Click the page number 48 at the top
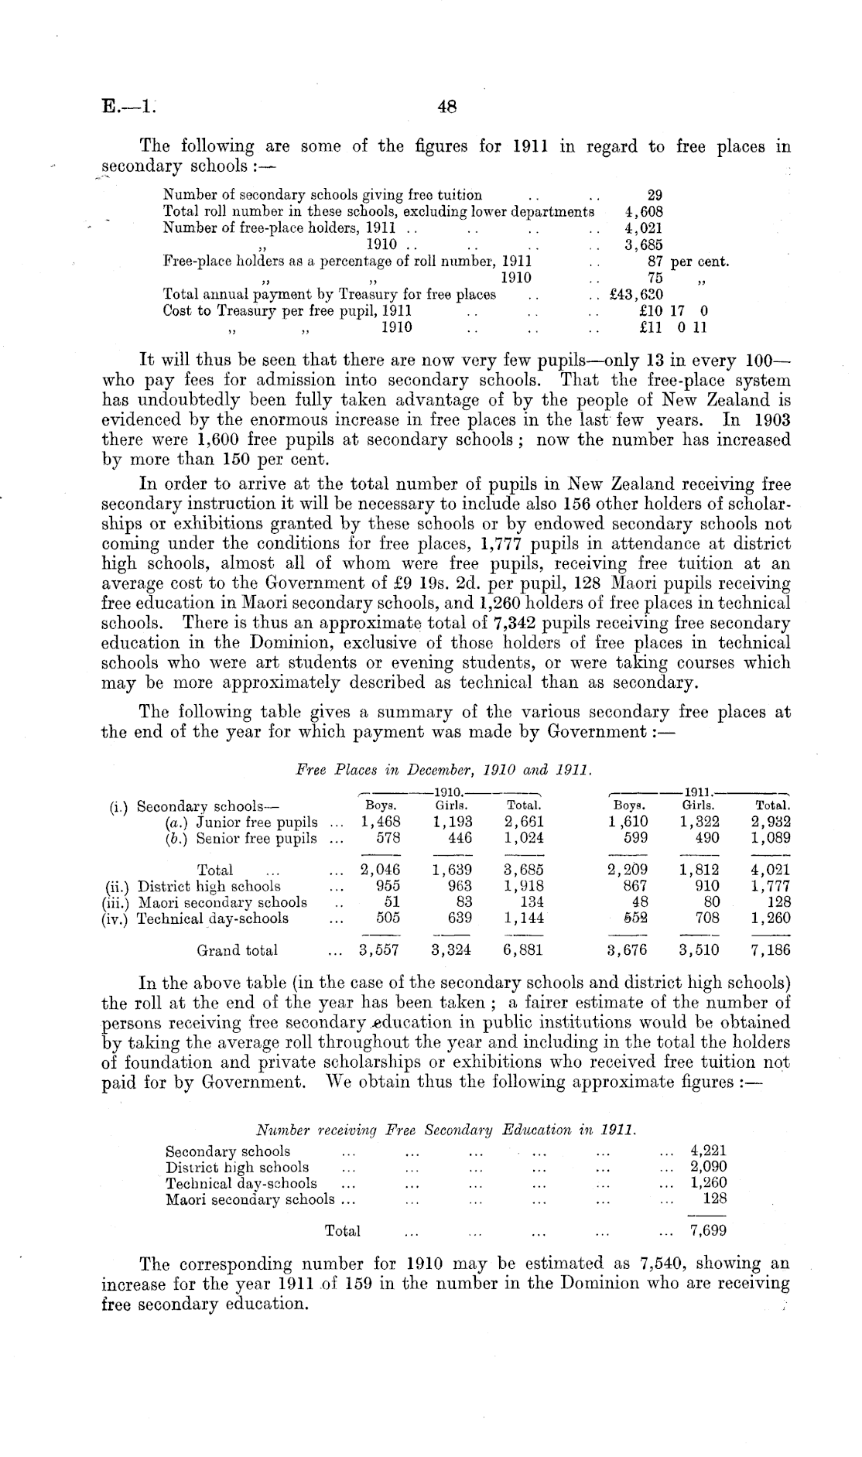tap(446, 108)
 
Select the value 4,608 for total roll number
tap(643, 211)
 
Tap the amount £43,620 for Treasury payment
tap(637, 294)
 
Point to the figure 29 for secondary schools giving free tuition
tap(654, 195)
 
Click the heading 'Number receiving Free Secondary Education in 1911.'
tap(446, 1130)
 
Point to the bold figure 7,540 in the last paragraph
tap(664, 1264)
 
